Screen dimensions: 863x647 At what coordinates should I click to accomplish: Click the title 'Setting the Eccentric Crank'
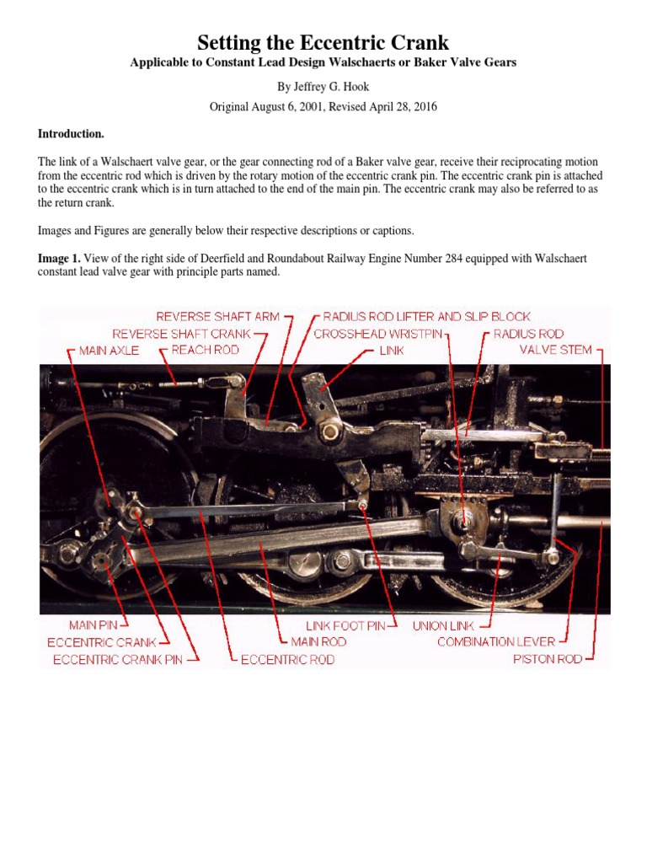[x=323, y=42]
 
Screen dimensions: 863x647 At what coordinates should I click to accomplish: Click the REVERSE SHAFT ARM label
[x=218, y=317]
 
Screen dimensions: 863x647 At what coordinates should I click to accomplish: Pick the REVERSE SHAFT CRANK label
[x=181, y=334]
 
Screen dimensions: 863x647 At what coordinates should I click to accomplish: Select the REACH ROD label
[x=205, y=350]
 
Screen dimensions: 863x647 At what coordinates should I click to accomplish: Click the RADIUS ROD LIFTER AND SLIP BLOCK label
[x=427, y=317]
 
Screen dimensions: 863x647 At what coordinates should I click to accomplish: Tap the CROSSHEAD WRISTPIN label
[x=377, y=334]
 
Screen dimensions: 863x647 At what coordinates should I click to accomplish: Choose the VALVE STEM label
[x=555, y=349]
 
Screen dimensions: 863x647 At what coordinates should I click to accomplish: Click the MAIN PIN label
[x=99, y=625]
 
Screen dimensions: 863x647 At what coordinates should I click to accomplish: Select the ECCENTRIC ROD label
[x=287, y=660]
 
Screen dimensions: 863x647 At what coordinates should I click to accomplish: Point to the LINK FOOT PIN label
[x=345, y=626]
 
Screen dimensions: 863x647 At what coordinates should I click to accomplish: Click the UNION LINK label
[x=443, y=626]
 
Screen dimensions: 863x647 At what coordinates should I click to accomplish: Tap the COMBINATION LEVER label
[x=496, y=642]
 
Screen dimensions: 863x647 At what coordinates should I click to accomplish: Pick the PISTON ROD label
[x=548, y=659]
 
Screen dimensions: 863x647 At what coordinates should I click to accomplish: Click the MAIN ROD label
[x=318, y=642]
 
